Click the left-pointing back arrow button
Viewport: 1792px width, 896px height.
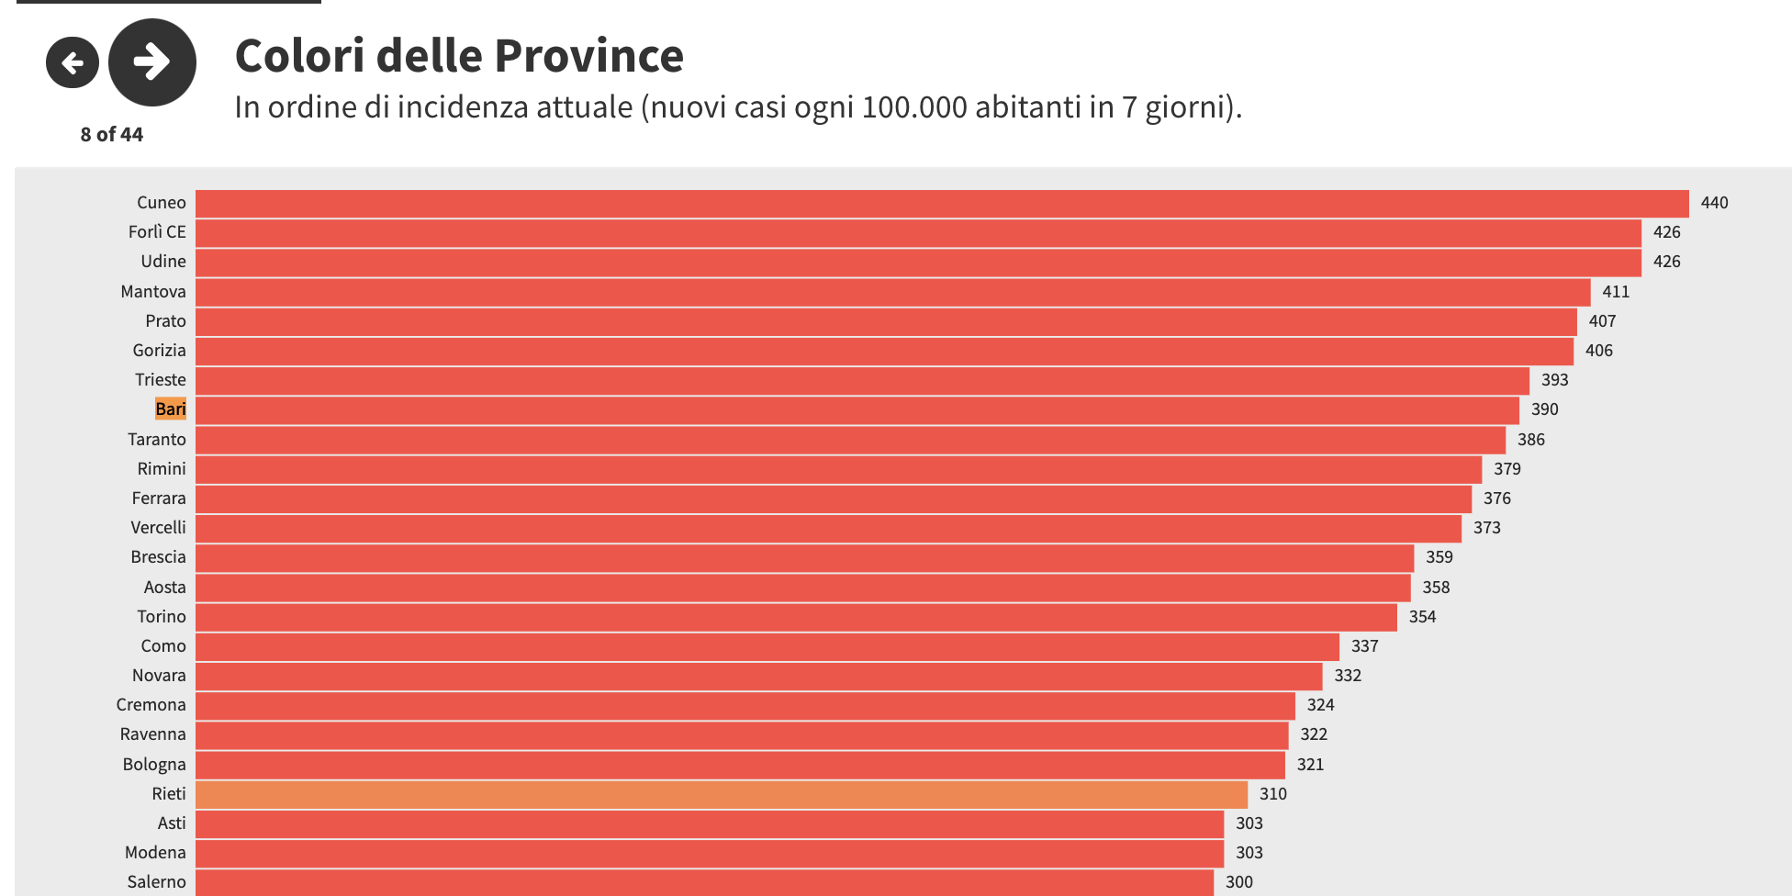73,62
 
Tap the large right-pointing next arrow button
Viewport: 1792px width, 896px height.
152,62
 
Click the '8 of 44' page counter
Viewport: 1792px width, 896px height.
112,135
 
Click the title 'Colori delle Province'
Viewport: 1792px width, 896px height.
459,56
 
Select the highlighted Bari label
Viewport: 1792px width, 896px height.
171,409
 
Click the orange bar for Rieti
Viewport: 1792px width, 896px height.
721,794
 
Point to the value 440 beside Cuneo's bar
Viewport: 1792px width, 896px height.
1714,203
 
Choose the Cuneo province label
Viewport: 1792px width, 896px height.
162,203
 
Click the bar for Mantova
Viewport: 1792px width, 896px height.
892,292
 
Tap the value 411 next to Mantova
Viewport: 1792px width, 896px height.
1616,292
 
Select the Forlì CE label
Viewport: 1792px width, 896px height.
157,232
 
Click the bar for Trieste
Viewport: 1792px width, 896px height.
862,380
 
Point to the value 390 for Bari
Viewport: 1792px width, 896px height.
1544,409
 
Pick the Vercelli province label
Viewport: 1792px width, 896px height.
158,528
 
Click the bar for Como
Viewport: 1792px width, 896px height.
767,646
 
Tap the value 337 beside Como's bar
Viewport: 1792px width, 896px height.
1364,646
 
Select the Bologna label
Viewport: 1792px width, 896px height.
154,765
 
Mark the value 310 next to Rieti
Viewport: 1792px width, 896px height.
1272,794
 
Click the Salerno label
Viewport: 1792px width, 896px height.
156,882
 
